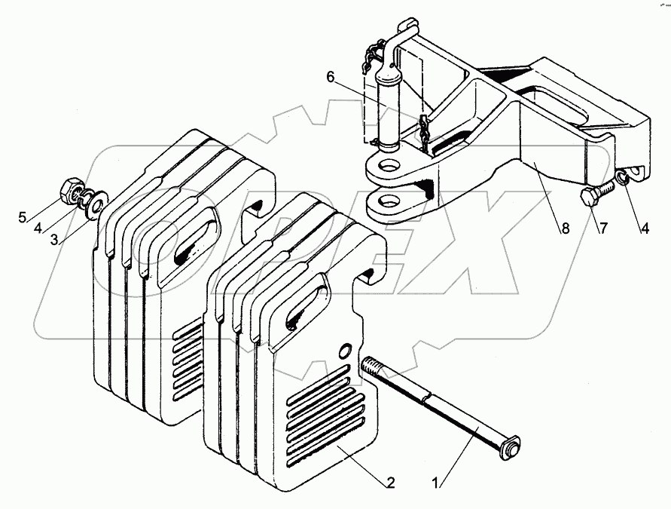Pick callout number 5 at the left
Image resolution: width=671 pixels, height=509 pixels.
[x=23, y=218]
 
